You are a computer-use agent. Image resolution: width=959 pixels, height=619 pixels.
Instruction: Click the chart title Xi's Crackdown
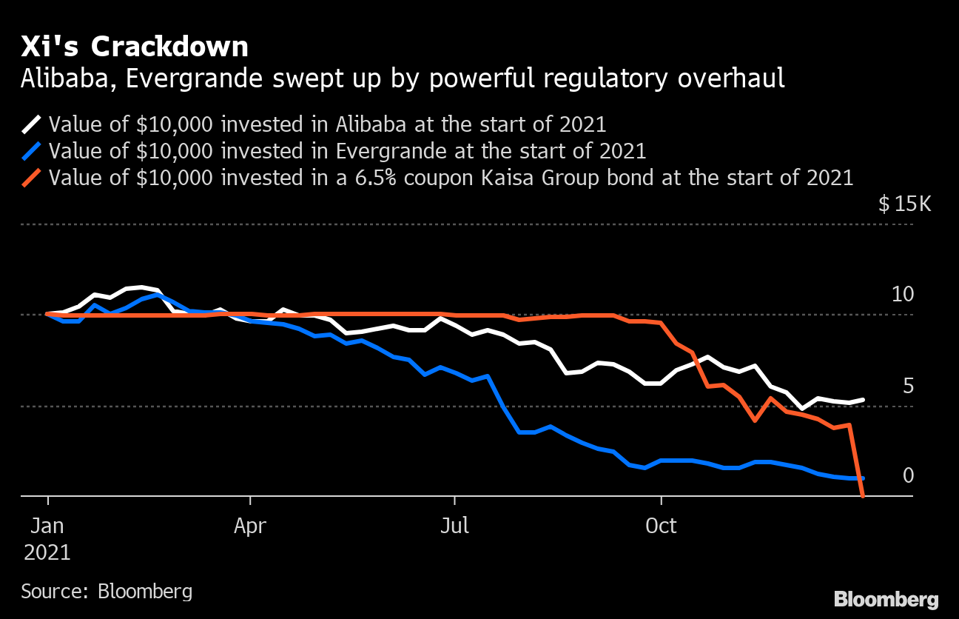click(x=135, y=47)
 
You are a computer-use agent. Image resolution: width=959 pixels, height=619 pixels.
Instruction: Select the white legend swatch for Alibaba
click(x=33, y=124)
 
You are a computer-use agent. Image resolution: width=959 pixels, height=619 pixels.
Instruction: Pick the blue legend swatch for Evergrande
click(x=33, y=151)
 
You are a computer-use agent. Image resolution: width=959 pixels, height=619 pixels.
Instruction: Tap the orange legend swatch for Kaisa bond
click(x=33, y=178)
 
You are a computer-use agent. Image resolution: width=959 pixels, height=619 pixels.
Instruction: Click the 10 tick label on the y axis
click(x=902, y=295)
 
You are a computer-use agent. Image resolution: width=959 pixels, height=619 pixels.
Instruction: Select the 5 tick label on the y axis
click(x=908, y=386)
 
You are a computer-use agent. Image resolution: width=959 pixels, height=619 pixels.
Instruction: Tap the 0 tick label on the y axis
click(x=908, y=475)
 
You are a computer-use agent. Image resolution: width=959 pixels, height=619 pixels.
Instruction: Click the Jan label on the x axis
click(x=47, y=526)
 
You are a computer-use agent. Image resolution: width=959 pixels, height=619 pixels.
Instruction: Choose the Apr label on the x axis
click(x=250, y=526)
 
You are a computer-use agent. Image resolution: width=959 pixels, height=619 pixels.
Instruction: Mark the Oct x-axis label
click(x=661, y=526)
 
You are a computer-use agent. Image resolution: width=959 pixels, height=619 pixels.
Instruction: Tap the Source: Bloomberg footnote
click(x=107, y=591)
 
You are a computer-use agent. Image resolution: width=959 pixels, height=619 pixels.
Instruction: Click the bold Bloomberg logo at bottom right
click(x=886, y=599)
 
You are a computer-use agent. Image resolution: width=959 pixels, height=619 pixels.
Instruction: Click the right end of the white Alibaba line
click(x=863, y=400)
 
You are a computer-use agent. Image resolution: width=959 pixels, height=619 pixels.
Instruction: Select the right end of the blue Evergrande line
click(x=863, y=479)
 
